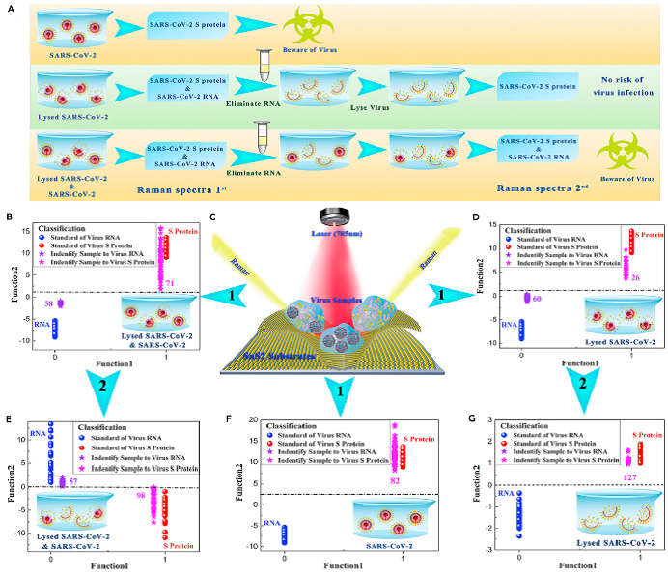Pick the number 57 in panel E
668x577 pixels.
(73, 480)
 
